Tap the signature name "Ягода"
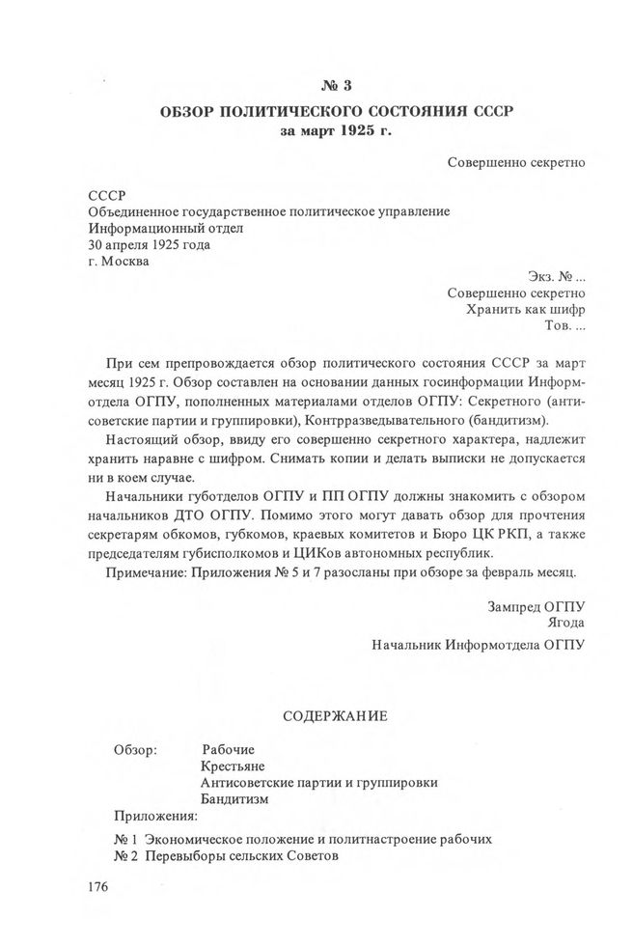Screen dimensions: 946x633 pyautogui.click(x=565, y=622)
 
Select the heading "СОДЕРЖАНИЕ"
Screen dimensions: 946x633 pyautogui.click(x=335, y=716)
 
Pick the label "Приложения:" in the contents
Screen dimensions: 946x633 pyautogui.click(x=154, y=816)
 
